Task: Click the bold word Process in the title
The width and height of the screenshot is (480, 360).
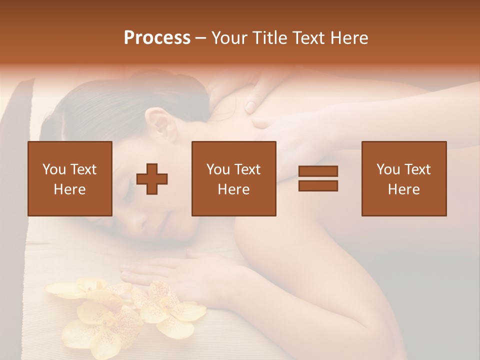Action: pyautogui.click(x=157, y=38)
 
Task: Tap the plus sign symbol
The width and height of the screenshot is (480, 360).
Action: pyautogui.click(x=152, y=179)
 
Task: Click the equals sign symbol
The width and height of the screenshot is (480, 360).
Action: pyautogui.click(x=318, y=178)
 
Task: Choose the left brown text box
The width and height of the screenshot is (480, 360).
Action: pyautogui.click(x=69, y=178)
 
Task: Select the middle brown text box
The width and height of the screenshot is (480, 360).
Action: pyautogui.click(x=233, y=178)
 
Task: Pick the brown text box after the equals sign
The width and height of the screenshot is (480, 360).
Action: pyautogui.click(x=403, y=178)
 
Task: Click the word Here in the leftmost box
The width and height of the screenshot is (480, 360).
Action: pyautogui.click(x=69, y=189)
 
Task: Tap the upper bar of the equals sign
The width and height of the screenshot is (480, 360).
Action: pyautogui.click(x=318, y=171)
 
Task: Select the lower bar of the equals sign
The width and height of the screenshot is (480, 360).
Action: pyautogui.click(x=318, y=185)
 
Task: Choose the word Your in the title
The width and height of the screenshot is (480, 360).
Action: pyautogui.click(x=228, y=38)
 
